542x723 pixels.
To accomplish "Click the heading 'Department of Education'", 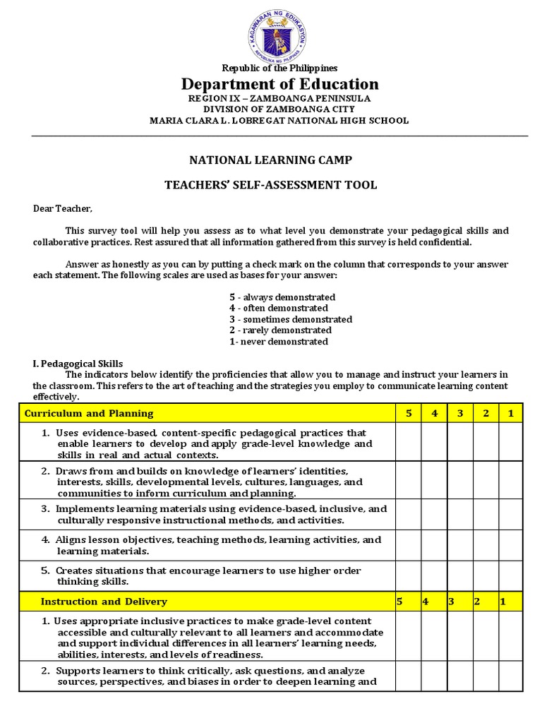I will (280, 84).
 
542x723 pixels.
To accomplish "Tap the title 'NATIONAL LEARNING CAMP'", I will (270, 160).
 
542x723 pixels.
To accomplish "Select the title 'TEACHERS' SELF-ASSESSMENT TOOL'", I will (271, 185).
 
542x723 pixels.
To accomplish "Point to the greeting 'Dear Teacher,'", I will (63, 208).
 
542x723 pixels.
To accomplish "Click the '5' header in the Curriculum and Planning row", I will (409, 413).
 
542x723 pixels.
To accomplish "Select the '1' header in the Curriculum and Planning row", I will (510, 413).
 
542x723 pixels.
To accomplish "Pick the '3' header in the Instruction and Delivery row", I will (451, 602).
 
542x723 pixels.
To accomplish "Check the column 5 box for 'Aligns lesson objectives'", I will (409, 545).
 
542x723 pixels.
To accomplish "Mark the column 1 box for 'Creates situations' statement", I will (510, 576).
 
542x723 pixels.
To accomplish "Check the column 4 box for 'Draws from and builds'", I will (434, 481).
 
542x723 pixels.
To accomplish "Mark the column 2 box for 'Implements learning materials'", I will (486, 514).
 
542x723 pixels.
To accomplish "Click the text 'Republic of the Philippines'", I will (280, 68).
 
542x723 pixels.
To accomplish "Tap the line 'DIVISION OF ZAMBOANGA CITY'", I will (279, 109).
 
